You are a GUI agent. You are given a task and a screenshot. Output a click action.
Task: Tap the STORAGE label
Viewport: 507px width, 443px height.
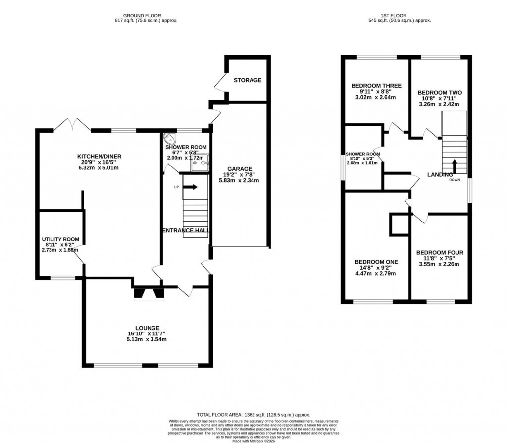[247, 80]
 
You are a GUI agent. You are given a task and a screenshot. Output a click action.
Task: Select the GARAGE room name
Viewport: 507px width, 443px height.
[239, 168]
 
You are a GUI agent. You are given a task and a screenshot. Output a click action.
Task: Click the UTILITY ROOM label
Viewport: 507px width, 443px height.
[60, 239]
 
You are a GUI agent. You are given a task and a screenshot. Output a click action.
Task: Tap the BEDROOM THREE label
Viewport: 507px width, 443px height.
[376, 86]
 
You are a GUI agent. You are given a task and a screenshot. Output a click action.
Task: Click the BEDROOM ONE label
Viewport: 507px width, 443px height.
[376, 262]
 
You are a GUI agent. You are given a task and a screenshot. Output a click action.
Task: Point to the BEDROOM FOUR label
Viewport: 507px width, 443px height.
[440, 252]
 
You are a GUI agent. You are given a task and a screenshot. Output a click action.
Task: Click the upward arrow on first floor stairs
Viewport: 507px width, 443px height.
[454, 165]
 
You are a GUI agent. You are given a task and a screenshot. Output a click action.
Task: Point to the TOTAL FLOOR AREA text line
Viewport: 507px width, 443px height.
[253, 414]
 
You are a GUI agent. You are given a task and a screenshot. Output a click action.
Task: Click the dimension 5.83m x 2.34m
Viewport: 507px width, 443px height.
[239, 180]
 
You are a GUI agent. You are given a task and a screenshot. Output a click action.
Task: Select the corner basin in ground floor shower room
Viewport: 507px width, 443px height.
[169, 139]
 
